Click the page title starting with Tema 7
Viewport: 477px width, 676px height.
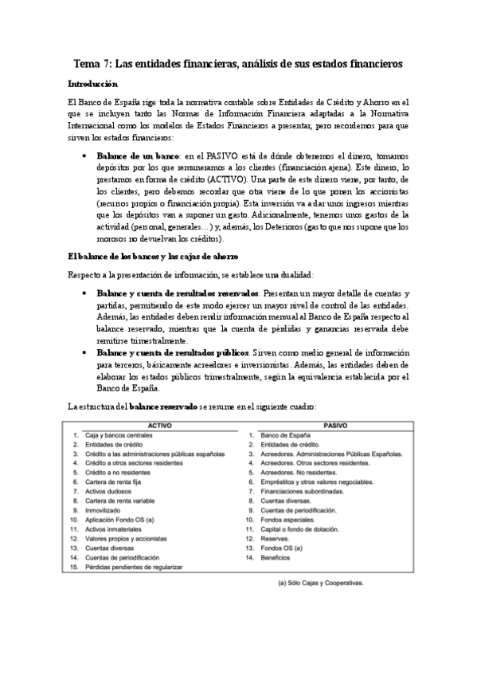tap(238, 63)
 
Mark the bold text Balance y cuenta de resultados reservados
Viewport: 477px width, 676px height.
tap(176, 293)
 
